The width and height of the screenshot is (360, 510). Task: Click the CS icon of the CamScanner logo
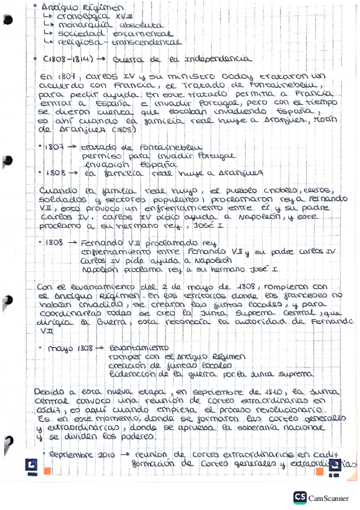point(300,497)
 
